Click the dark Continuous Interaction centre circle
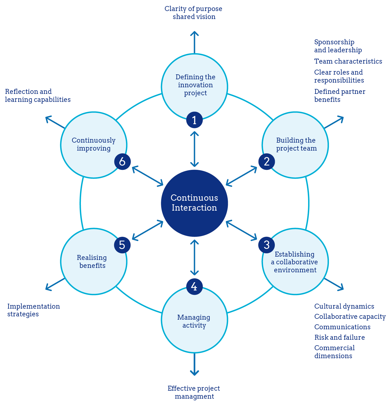tap(194, 203)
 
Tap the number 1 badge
tap(194, 120)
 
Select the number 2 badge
tap(267, 161)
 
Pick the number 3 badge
tap(267, 245)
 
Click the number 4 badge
tap(194, 287)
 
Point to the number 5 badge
tap(122, 245)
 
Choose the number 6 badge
tap(122, 161)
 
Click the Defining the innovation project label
tap(195, 85)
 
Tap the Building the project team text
tap(296, 144)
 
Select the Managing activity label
tap(194, 321)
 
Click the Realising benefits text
tap(92, 262)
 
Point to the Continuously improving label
tap(94, 144)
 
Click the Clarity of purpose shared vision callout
tap(194, 13)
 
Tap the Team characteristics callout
tap(348, 61)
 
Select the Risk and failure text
tap(339, 337)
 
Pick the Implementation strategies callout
tap(33, 310)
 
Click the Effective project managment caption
tap(194, 392)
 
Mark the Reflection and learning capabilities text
tap(38, 96)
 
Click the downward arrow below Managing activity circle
tap(194, 364)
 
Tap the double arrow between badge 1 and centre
tap(194, 149)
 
